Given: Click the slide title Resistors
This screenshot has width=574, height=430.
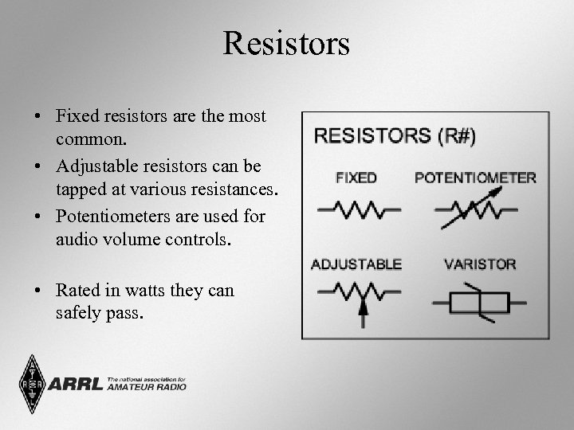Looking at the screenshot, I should [286, 43].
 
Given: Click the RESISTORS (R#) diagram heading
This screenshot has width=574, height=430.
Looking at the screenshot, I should [395, 136].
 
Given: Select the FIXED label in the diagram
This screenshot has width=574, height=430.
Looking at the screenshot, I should [356, 178].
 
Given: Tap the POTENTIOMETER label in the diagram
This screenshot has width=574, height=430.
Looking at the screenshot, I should [475, 178].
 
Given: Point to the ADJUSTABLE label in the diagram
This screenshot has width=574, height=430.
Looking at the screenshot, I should [356, 264].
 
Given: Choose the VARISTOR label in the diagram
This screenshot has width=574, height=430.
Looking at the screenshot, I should [480, 264].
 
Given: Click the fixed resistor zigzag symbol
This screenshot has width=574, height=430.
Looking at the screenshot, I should [359, 210].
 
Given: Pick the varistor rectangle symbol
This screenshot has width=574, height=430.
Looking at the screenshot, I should [479, 303].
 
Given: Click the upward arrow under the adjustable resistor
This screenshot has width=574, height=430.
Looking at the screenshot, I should [363, 315].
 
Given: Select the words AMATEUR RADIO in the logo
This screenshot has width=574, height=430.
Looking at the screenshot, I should [146, 387].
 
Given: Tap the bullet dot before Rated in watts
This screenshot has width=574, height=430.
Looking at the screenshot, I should [37, 291].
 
